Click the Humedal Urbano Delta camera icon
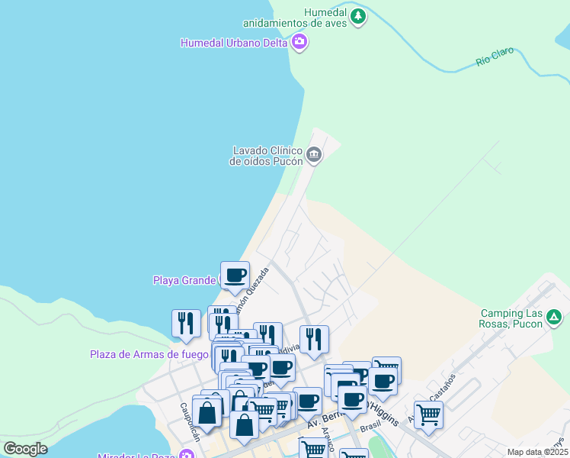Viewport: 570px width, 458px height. pos(300,42)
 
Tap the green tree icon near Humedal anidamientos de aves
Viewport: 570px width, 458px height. pos(357,15)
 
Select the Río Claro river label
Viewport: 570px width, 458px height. pos(495,56)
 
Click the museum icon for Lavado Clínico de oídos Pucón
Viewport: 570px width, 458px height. pos(314,156)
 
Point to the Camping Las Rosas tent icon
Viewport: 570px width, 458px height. pos(555,317)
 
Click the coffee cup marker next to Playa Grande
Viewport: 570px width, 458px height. pos(235,276)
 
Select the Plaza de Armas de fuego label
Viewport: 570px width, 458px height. pos(149,353)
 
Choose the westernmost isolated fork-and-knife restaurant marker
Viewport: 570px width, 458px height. pos(184,323)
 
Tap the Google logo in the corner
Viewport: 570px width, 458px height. pos(24,449)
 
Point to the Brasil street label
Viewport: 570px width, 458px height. pos(370,427)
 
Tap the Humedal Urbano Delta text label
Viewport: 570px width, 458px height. pos(234,43)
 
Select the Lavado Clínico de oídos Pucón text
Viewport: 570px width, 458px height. pos(267,156)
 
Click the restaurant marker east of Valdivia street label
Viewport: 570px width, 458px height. pos(314,339)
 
